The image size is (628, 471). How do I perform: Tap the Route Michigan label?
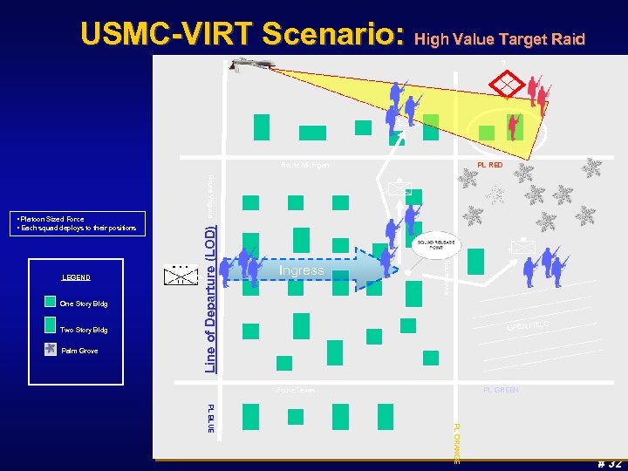click(304, 166)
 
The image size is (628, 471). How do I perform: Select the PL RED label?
click(489, 165)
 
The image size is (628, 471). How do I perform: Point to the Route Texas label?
click(295, 390)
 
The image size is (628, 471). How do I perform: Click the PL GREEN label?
click(501, 390)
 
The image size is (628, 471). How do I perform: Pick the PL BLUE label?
click(211, 418)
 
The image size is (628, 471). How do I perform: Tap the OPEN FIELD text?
click(529, 326)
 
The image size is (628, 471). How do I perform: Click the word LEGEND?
click(76, 277)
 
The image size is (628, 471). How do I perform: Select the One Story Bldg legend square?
click(51, 304)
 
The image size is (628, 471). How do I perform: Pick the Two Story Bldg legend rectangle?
click(51, 329)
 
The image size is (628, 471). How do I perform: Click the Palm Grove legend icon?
click(51, 351)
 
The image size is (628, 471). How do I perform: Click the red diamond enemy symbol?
click(509, 84)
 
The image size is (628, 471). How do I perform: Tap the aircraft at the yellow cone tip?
click(251, 65)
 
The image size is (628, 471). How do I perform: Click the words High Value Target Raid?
click(499, 38)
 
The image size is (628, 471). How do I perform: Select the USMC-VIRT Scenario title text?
click(242, 34)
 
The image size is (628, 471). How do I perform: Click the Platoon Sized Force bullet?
click(51, 219)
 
